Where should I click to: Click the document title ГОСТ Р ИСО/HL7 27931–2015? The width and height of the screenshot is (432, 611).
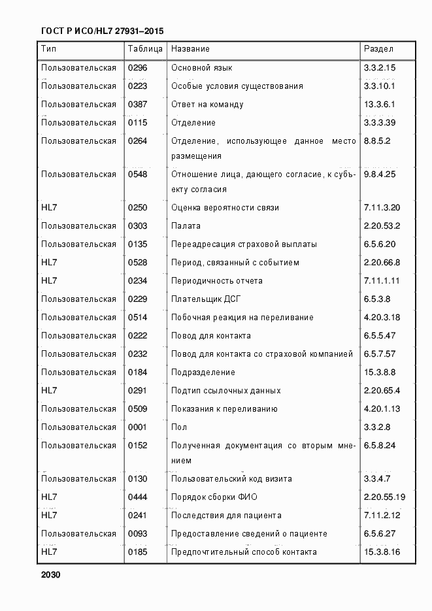(x=102, y=31)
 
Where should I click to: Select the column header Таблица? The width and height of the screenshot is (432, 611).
(x=142, y=49)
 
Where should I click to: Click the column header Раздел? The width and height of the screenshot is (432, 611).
(x=378, y=49)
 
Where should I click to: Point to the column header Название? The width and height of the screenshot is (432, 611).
(x=190, y=49)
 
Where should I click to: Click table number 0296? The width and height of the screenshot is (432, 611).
(x=138, y=68)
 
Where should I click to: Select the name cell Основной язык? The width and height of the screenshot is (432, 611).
(x=201, y=68)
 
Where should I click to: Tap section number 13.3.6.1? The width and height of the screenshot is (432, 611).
(x=380, y=105)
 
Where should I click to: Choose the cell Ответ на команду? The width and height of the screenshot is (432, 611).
(x=207, y=105)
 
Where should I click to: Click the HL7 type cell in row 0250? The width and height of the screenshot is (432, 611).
(x=49, y=208)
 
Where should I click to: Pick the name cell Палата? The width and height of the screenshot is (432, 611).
(x=186, y=226)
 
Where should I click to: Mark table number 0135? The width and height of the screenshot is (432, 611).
(x=138, y=244)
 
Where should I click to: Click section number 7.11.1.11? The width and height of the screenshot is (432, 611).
(x=381, y=281)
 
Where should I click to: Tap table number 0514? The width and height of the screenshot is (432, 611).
(x=138, y=318)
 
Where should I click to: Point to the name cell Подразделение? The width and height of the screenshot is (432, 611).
(x=203, y=372)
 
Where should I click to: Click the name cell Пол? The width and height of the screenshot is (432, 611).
(x=178, y=427)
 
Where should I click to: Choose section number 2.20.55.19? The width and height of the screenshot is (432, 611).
(x=384, y=497)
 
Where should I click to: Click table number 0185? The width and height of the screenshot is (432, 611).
(x=138, y=552)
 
